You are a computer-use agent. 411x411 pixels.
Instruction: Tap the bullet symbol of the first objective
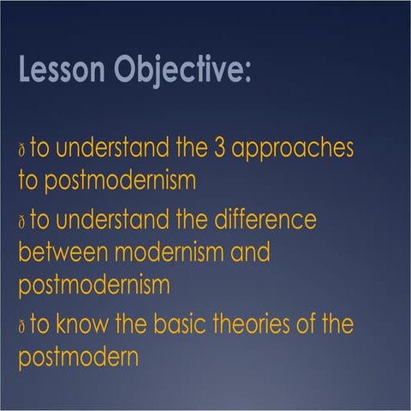21,151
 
